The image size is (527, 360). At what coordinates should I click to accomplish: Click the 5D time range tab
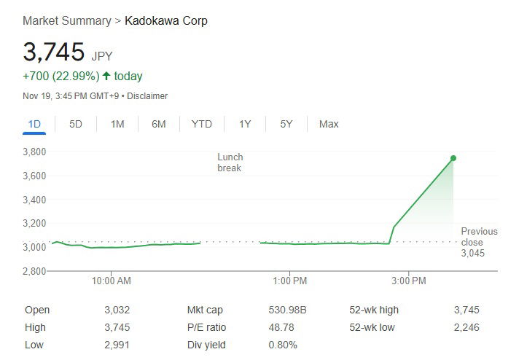click(76, 124)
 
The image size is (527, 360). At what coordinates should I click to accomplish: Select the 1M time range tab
click(117, 124)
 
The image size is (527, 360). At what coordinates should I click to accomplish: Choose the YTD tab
click(201, 124)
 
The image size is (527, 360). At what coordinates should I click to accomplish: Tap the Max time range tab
click(329, 124)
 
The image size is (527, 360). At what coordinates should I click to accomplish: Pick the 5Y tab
click(286, 124)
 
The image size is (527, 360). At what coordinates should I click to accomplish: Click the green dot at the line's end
click(453, 158)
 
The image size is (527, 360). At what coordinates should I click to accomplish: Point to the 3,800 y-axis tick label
click(34, 152)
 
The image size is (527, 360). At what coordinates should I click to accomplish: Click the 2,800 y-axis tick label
click(34, 271)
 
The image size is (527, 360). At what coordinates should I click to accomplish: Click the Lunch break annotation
click(230, 163)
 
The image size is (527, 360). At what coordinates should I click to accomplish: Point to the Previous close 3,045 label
click(479, 242)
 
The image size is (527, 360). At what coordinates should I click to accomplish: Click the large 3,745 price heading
click(53, 52)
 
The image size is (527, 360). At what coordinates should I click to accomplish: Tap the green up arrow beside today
click(106, 77)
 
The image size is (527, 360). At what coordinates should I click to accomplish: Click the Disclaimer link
click(148, 96)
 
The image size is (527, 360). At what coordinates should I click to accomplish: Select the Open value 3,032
click(117, 310)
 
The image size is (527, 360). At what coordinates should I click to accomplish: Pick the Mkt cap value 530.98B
click(287, 310)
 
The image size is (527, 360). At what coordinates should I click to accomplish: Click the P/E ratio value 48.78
click(281, 327)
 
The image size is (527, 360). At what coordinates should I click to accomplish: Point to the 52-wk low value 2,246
click(467, 327)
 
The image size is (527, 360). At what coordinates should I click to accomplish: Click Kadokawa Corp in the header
click(166, 20)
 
